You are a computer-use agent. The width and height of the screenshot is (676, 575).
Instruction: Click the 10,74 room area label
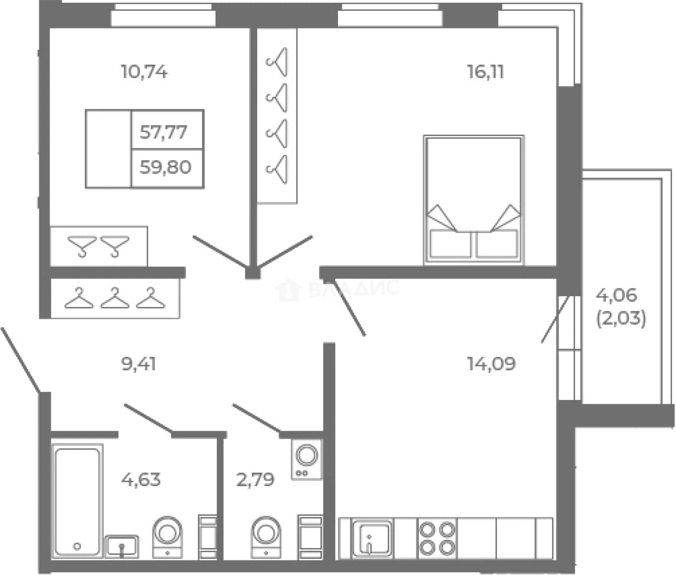pos(144,72)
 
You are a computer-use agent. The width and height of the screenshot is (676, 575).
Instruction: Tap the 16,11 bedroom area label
pos(486,72)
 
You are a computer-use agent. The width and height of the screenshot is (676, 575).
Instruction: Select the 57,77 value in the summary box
pos(163,132)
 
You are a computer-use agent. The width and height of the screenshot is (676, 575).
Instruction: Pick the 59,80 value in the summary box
pos(165,168)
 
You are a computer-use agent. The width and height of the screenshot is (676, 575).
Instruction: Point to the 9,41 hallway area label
pos(139,364)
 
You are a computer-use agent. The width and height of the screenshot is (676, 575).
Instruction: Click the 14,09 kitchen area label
pos(492,364)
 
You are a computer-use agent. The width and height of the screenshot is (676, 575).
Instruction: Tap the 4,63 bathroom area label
pos(141,480)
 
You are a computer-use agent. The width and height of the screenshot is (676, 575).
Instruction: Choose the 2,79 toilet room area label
pos(256,480)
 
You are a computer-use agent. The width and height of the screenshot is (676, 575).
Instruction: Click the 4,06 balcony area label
pos(617,295)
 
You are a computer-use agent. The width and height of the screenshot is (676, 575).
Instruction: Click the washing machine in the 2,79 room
pos(306,460)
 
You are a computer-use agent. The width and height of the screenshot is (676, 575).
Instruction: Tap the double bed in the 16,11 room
pos(474,200)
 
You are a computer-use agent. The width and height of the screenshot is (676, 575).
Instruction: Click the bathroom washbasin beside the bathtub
pos(122,546)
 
